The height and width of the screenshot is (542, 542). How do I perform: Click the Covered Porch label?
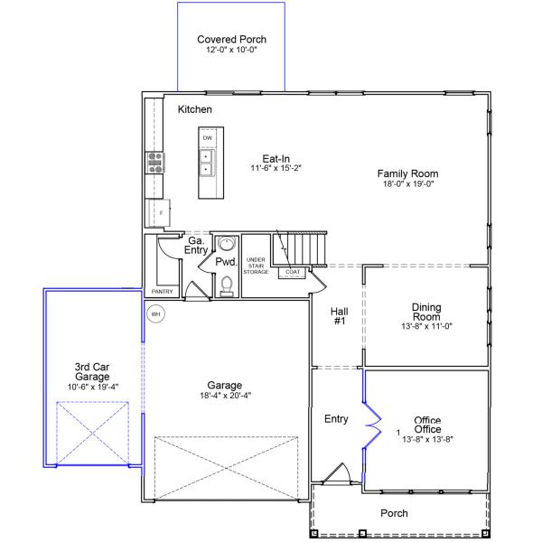231,40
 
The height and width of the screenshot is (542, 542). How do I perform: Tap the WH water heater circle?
155,314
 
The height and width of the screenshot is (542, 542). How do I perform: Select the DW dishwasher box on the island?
207,137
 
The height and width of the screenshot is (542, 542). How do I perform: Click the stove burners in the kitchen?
155,163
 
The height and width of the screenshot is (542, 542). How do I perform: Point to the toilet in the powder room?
227,286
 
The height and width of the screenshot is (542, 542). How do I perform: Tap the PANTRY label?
162,292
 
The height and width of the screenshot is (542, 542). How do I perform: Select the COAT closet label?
293,272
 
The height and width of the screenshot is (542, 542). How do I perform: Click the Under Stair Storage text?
256,265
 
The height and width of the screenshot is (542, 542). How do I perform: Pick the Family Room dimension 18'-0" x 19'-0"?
407,184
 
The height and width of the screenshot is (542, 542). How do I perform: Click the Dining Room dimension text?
425,327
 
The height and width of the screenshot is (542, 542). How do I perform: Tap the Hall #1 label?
341,315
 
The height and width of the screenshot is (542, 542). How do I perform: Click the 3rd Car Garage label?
92,372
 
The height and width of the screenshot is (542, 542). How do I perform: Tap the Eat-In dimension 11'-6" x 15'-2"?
276,168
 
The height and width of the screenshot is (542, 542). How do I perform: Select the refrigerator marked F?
159,213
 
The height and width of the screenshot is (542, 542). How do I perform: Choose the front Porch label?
394,513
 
